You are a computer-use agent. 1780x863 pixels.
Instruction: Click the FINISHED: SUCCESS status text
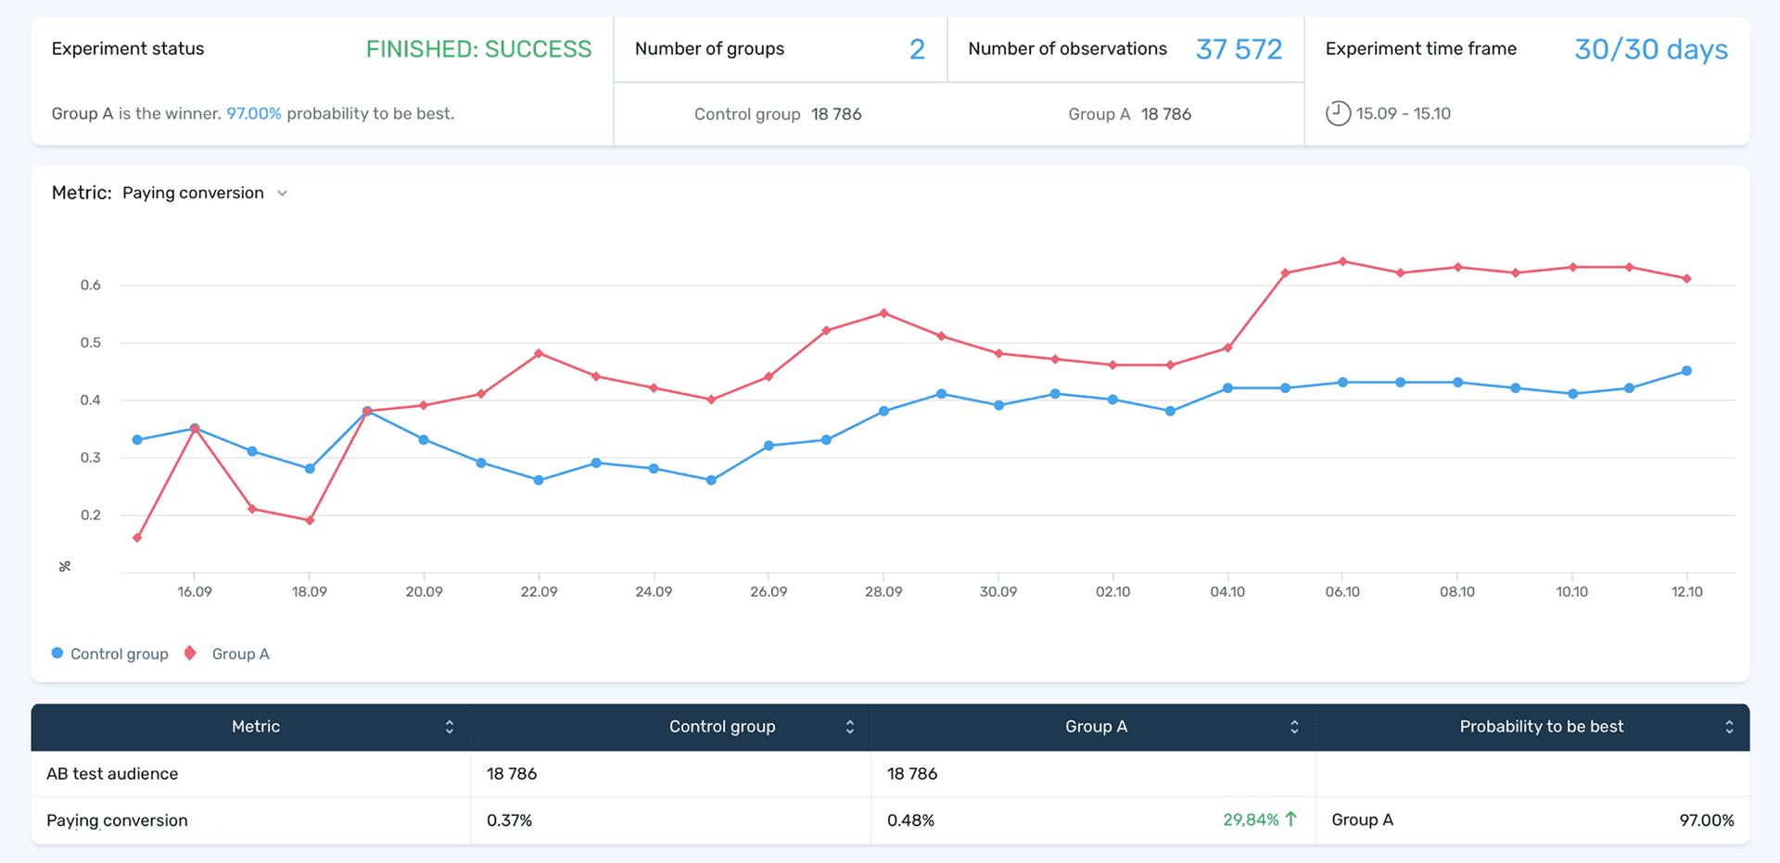point(478,49)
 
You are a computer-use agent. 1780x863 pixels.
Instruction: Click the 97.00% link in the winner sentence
point(253,114)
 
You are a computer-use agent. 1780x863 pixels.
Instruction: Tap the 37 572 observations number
point(1239,49)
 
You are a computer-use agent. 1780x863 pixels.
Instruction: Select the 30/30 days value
point(1650,49)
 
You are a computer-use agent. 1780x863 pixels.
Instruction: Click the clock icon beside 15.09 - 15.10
point(1337,114)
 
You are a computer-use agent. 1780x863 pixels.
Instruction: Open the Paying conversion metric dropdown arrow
point(283,194)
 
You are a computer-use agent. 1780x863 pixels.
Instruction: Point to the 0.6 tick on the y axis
point(90,285)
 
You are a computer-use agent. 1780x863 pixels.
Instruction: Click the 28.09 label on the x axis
point(883,591)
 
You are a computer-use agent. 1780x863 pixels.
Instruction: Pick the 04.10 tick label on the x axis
point(1227,591)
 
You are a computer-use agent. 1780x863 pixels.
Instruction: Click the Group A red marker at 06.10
point(1342,261)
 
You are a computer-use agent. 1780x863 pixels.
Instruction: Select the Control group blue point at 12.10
point(1686,371)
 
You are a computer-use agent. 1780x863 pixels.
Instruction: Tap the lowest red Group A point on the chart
point(137,538)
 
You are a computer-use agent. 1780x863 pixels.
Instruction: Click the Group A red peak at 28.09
point(884,313)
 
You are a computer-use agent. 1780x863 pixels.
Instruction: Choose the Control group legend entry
point(109,654)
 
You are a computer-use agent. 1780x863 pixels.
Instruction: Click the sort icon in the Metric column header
point(450,727)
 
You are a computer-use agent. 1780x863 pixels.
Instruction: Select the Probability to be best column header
point(1541,727)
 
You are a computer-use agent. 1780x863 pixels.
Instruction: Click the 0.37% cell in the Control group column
point(509,820)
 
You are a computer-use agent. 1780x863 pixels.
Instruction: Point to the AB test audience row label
point(112,774)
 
